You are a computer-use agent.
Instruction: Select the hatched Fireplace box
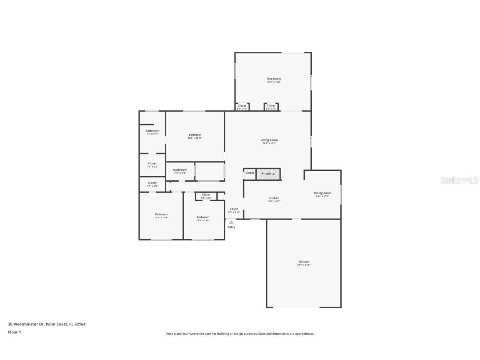tap(268, 173)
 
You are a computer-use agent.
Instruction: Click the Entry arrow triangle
tap(231, 222)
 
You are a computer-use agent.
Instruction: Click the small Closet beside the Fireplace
tap(249, 173)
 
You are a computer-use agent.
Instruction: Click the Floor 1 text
tap(14, 332)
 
